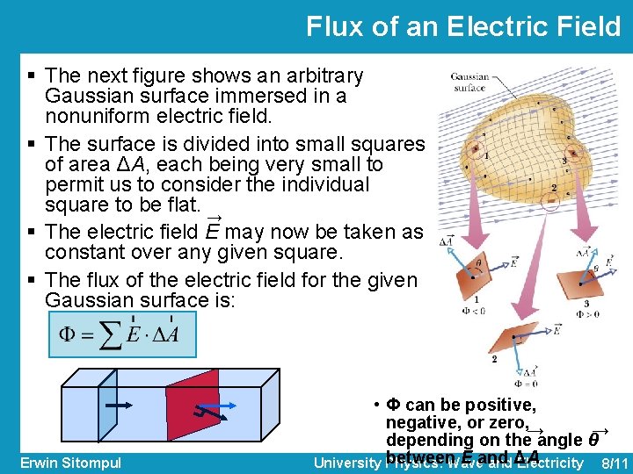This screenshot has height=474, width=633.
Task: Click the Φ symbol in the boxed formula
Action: tap(67, 334)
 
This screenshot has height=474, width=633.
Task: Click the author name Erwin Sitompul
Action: tap(70, 463)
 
